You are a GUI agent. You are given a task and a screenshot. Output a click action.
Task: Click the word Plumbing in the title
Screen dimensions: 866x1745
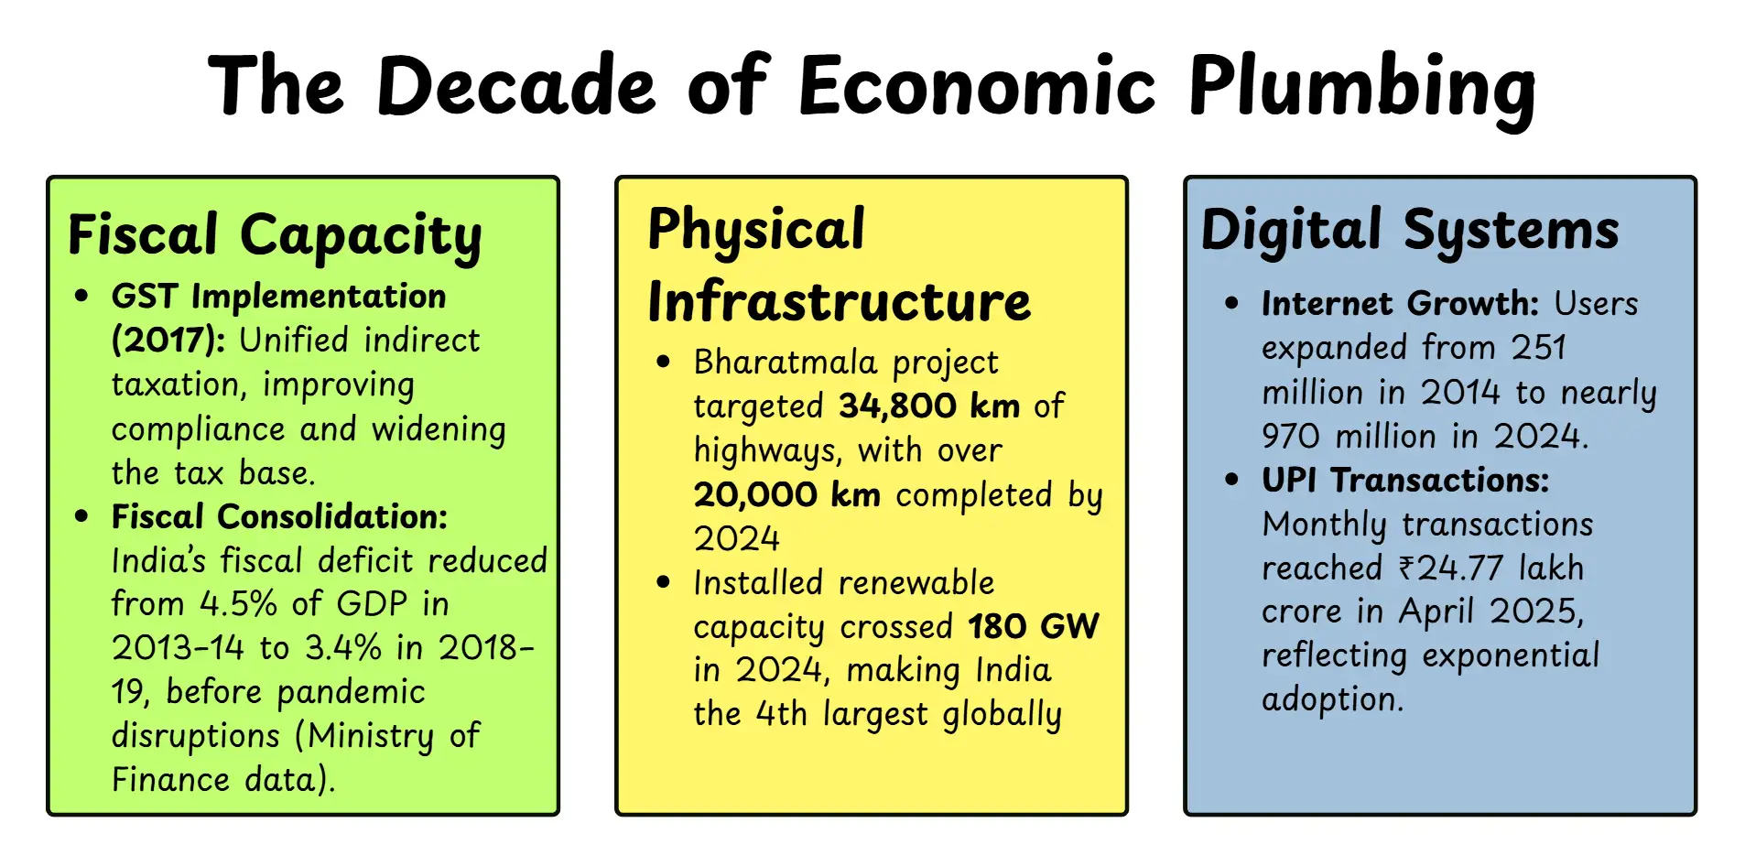tap(1361, 87)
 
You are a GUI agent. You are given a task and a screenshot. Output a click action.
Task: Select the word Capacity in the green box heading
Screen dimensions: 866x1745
tap(361, 236)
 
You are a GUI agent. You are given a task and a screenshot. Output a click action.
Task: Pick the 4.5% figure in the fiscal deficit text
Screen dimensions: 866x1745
tap(238, 604)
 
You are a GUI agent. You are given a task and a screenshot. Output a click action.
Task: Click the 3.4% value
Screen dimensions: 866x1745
tap(342, 648)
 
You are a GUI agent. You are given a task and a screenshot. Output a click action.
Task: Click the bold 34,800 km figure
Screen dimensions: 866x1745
tap(928, 406)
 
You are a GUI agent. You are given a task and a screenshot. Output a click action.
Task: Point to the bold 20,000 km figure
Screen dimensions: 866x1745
tap(786, 495)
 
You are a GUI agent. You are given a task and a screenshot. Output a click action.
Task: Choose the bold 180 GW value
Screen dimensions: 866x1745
tap(1033, 627)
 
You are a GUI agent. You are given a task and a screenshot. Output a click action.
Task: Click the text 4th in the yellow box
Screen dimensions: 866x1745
tap(781, 714)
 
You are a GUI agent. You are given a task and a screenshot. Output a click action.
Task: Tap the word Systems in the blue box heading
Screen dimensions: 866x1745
tap(1511, 231)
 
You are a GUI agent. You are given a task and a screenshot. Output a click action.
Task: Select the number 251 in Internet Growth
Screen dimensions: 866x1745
tap(1538, 348)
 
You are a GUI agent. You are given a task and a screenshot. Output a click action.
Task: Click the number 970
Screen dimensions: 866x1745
tap(1290, 437)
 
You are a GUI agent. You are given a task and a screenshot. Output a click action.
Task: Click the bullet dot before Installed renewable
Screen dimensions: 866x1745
tap(664, 583)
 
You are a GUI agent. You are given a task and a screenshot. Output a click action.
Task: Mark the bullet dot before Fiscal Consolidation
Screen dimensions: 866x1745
tap(82, 517)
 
